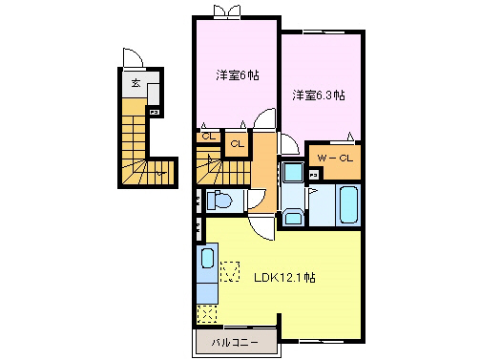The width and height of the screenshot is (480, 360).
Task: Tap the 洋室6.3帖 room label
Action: (319, 95)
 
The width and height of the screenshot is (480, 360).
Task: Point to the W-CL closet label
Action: (335, 158)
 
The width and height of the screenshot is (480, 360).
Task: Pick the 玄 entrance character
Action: (136, 84)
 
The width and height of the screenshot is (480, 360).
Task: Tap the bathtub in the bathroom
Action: (345, 204)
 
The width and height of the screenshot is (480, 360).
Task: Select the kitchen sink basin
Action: (207, 260)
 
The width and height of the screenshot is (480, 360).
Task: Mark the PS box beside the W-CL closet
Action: (313, 174)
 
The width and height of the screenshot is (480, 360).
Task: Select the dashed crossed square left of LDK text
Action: (230, 272)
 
